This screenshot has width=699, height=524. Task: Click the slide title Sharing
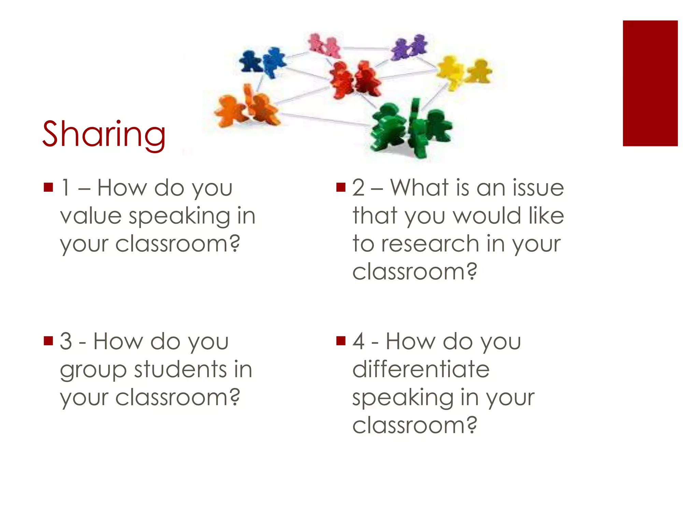pos(104,134)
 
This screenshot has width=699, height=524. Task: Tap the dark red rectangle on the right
pos(650,83)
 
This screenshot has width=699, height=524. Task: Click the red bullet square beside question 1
pos(48,187)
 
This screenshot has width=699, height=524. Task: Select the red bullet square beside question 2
pos(341,187)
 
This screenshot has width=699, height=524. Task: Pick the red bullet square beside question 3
pos(48,341)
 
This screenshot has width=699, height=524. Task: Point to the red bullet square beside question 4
pos(341,341)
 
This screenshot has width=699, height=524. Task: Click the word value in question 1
pos(91,216)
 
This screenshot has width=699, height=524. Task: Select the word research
pos(430,244)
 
